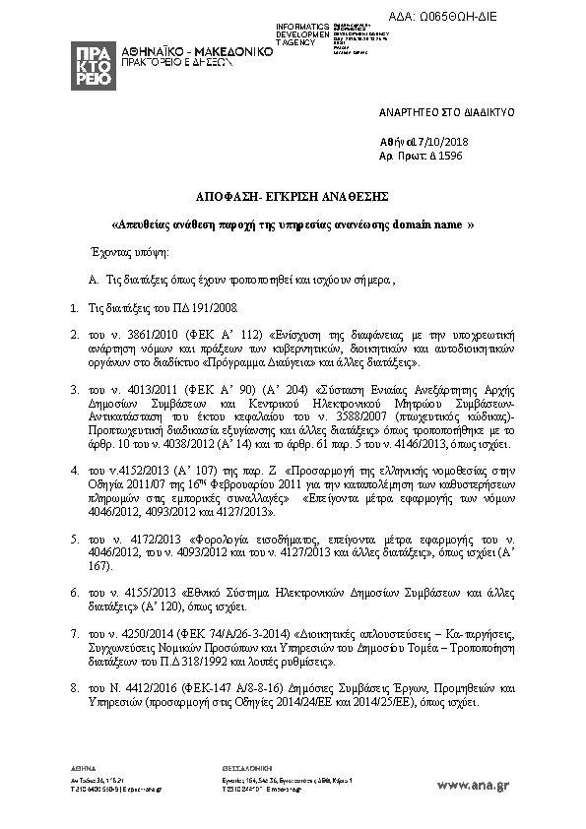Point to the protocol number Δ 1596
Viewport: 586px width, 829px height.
444,156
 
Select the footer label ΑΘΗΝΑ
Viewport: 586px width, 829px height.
83,767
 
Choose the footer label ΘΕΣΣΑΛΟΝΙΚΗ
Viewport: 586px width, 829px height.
237,767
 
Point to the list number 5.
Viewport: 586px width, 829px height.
75,541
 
